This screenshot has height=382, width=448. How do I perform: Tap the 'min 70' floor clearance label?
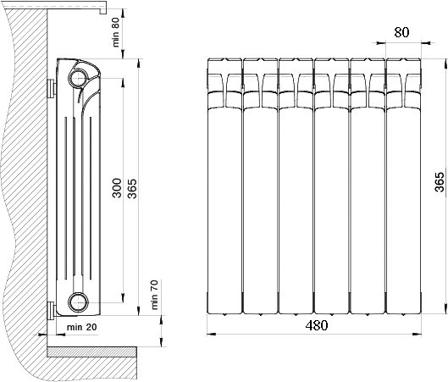click(154, 295)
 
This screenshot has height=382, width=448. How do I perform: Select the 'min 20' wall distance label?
click(81, 327)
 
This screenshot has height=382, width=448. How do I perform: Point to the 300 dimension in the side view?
click(117, 188)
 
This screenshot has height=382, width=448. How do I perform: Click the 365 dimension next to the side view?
click(132, 189)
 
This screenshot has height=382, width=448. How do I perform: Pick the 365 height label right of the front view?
click(440, 182)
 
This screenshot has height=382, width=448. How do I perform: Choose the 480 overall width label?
click(317, 325)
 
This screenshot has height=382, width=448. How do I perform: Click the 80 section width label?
click(401, 32)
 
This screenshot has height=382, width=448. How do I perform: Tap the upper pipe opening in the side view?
click(78, 78)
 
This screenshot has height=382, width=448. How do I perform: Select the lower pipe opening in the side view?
click(78, 302)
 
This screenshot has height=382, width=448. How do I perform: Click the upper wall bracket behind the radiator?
click(52, 89)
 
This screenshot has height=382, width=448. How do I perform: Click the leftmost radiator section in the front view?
click(225, 186)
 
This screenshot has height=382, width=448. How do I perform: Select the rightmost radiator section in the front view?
click(404, 186)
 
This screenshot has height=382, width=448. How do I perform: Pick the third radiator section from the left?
click(296, 186)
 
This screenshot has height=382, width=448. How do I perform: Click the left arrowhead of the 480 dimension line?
click(211, 334)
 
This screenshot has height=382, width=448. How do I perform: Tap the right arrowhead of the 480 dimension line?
click(418, 334)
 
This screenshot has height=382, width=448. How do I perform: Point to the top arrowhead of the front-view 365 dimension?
click(445, 63)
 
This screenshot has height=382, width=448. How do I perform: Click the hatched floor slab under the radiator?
click(91, 352)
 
